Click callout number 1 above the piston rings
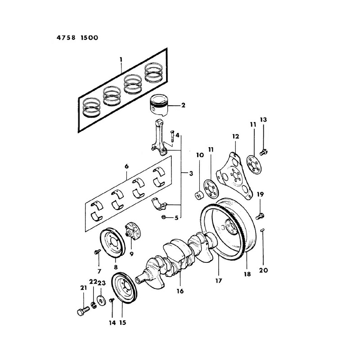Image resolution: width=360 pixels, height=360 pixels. (121, 60)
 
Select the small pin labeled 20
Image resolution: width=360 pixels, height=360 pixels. (263, 231)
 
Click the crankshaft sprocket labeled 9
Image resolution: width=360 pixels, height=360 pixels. (132, 230)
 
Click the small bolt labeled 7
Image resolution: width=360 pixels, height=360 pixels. (97, 253)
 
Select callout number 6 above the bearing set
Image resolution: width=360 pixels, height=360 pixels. (127, 166)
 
